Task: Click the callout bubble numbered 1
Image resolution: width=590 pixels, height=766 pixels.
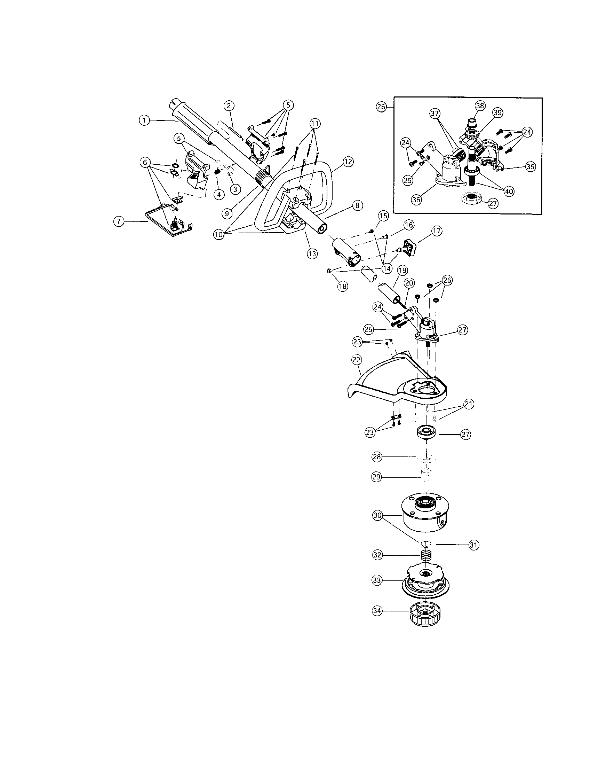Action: [144, 120]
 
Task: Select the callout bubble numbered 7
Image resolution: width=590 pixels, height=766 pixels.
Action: [119, 221]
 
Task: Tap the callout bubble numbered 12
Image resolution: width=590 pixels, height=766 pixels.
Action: [348, 162]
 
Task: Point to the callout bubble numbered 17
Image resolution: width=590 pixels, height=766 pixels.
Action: [437, 231]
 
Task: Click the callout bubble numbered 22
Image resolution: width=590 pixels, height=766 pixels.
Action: [357, 360]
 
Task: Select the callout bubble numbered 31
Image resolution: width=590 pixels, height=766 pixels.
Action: [474, 545]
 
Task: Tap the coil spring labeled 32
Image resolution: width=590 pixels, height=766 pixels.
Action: [426, 556]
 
